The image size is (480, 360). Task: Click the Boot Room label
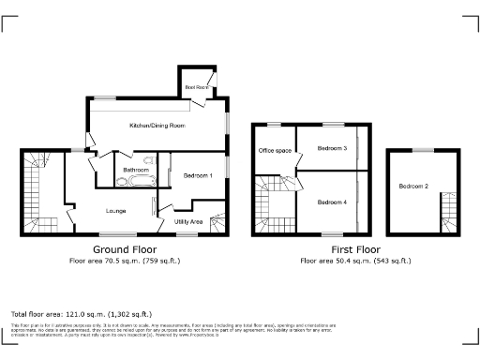click(197, 86)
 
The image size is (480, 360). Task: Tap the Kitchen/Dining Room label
click(157, 125)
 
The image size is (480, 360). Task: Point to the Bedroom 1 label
click(198, 176)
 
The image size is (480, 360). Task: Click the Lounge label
click(115, 210)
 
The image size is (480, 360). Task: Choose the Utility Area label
click(188, 221)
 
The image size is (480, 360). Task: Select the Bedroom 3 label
click(332, 148)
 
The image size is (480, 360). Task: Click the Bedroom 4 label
click(332, 202)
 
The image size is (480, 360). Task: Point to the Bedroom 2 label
click(413, 187)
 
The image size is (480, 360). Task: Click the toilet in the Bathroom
click(120, 181)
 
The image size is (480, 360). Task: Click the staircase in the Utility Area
click(217, 225)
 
